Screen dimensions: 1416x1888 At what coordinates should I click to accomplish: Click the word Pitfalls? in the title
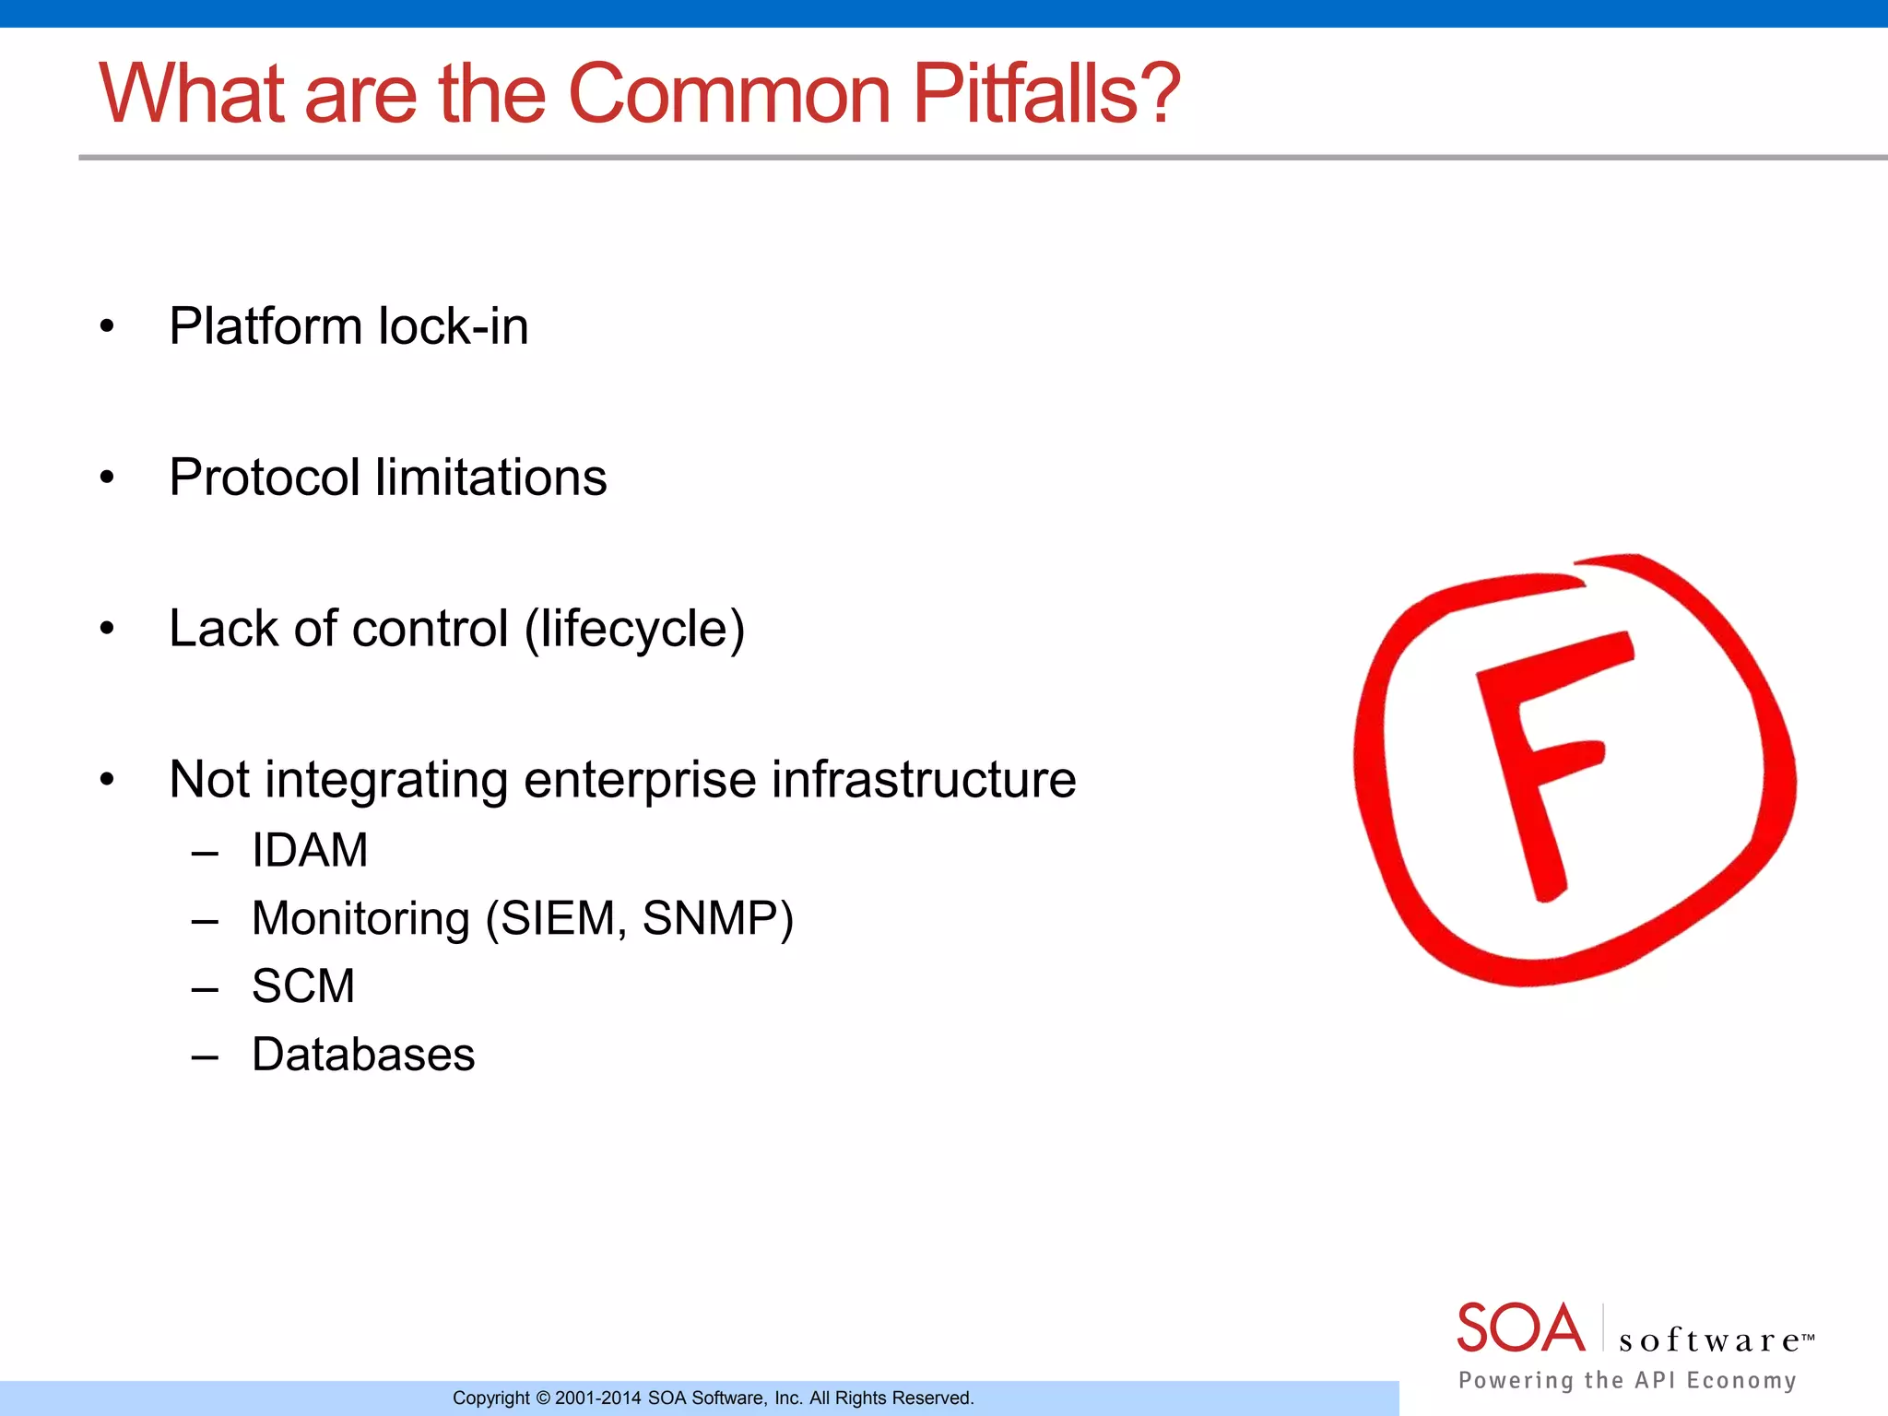coord(1045,94)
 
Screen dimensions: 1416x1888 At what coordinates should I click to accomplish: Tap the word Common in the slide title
coord(729,94)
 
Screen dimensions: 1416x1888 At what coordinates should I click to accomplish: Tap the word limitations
coord(491,478)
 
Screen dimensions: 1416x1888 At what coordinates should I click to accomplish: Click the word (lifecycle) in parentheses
coord(634,631)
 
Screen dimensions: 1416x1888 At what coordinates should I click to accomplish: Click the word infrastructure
coord(924,781)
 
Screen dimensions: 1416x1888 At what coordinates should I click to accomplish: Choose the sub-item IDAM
coord(310,850)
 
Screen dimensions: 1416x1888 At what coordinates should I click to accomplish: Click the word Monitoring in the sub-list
coord(360,919)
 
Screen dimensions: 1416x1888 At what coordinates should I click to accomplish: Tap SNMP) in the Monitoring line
coord(717,919)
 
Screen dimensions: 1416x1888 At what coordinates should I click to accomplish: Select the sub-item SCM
coord(303,986)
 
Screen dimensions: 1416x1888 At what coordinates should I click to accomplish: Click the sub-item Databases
coord(363,1055)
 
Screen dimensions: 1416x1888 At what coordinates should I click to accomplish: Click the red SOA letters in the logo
coord(1520,1328)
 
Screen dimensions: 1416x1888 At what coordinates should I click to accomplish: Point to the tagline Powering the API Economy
coord(1627,1380)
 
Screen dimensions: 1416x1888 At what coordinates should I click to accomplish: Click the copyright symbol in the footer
coord(543,1398)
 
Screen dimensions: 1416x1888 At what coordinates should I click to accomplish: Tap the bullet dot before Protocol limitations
coord(107,478)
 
